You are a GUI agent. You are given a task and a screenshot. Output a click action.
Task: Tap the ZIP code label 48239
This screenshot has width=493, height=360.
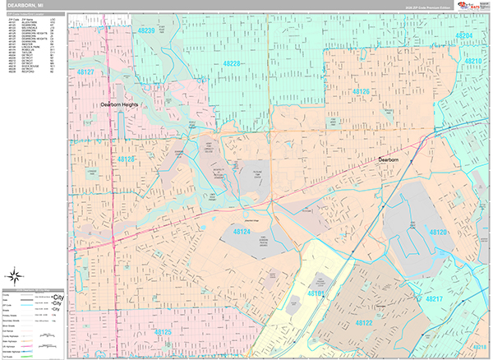click(146, 31)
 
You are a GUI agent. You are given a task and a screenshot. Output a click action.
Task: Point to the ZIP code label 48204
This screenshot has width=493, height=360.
click(464, 36)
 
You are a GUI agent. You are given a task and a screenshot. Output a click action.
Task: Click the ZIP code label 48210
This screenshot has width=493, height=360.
click(473, 62)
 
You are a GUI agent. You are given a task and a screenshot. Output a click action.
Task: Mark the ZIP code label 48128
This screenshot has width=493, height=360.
click(127, 159)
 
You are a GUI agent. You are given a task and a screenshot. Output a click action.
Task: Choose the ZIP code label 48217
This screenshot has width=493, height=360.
click(458, 298)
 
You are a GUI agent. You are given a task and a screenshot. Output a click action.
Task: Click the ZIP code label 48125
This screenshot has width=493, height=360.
click(162, 332)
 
